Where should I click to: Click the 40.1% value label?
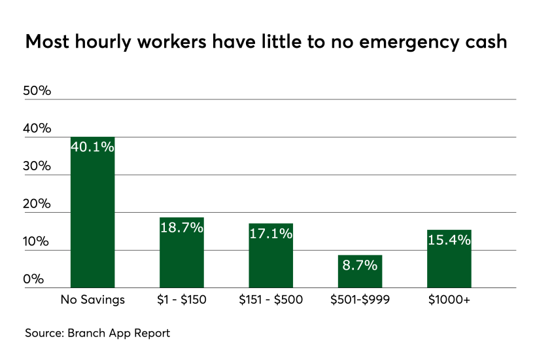(x=92, y=147)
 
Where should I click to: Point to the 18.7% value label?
(x=182, y=228)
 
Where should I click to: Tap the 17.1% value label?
(x=271, y=233)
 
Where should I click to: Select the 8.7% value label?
(x=360, y=265)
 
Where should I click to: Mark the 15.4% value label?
(x=449, y=240)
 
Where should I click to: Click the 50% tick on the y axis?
(x=37, y=90)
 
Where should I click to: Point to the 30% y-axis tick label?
(x=37, y=166)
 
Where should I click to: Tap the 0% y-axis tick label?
(x=34, y=279)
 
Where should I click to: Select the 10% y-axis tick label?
(x=37, y=242)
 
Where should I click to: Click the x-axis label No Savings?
(x=92, y=300)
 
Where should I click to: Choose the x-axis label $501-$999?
(x=360, y=300)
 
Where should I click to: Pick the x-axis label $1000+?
(x=449, y=300)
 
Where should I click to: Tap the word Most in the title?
(x=48, y=42)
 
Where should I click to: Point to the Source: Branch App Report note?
(x=97, y=333)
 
